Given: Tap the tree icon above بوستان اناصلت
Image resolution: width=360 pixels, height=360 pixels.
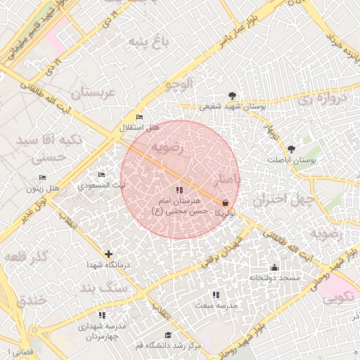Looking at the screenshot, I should click(292, 149).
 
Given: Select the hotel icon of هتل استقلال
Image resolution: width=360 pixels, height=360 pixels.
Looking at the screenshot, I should click(139, 117).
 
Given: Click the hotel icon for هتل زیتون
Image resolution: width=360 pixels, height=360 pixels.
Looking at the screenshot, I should click(43, 177).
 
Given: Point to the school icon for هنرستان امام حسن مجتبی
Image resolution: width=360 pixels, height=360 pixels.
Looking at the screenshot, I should click(179, 190).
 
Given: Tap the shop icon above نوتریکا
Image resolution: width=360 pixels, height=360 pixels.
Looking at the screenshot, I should click(224, 202).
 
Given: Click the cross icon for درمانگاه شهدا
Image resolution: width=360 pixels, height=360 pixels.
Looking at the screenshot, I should click(108, 254).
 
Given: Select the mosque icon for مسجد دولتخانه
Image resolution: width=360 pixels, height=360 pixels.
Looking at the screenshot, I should click(274, 267).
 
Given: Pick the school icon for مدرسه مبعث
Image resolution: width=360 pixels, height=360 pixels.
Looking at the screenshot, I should click(215, 295).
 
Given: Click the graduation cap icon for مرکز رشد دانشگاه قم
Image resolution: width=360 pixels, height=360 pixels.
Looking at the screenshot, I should click(167, 335).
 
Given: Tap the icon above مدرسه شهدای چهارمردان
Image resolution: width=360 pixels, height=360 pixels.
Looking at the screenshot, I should click(102, 316).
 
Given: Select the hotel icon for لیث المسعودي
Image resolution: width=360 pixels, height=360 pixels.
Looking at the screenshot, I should click(102, 174).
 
